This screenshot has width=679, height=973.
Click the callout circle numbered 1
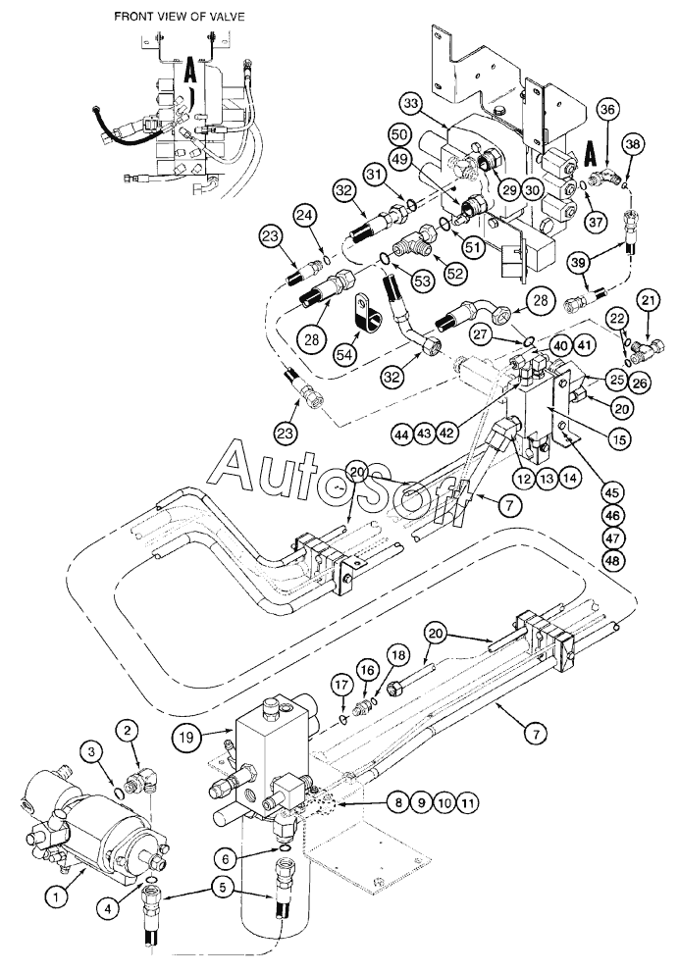56,896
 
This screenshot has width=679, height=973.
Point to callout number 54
343,354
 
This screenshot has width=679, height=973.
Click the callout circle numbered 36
608,109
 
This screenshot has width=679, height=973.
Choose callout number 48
614,560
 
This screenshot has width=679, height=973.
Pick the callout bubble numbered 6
226,858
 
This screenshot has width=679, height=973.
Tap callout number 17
340,685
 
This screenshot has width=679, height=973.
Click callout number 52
455,273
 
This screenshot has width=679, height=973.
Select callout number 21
648,301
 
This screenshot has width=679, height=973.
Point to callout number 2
128,731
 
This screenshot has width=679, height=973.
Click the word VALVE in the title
225,17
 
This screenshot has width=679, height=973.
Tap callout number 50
401,135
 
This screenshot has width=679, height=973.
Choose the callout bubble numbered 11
468,802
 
